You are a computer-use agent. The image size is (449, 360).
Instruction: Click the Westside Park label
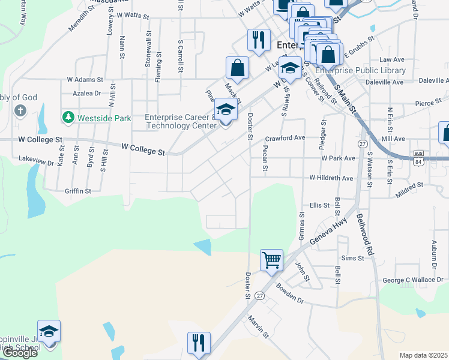click(104, 118)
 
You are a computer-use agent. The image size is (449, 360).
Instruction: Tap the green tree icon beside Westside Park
click(68, 118)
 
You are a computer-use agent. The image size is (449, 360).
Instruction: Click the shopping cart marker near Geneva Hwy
click(271, 261)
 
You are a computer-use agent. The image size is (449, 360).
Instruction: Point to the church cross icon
click(20, 111)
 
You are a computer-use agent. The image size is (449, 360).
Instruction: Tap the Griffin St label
click(77, 191)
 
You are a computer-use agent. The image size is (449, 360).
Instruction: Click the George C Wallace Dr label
click(412, 280)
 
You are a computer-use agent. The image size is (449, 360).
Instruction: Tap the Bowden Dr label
click(291, 293)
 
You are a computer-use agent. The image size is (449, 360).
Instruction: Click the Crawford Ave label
click(285, 137)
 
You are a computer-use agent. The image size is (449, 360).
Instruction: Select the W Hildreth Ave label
click(331, 178)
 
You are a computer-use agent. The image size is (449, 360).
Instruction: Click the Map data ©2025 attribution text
click(423, 355)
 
